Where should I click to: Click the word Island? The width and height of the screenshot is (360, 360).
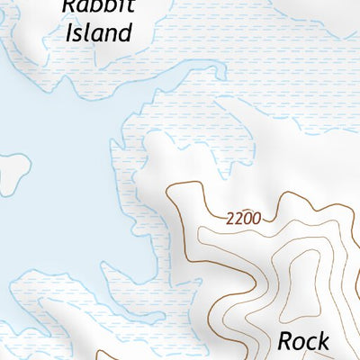[x=97, y=34]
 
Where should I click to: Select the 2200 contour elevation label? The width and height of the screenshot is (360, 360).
[x=243, y=218]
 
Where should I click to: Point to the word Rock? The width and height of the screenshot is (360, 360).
[x=305, y=341]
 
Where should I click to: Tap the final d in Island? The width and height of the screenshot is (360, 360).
[x=126, y=34]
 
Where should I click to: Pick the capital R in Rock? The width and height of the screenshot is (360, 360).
[x=285, y=341]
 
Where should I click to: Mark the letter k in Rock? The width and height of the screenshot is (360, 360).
[x=325, y=341]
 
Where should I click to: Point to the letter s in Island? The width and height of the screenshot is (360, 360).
[x=76, y=35]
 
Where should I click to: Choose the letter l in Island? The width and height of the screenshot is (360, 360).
[x=86, y=34]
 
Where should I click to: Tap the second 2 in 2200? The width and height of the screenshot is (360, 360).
[x=238, y=217]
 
